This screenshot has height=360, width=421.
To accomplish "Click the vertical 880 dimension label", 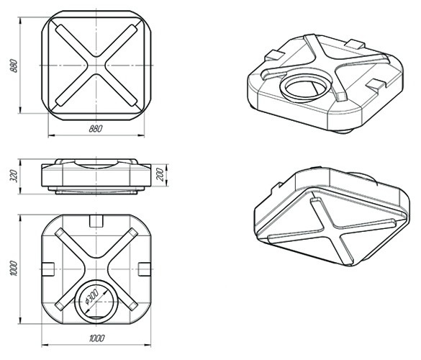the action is (14, 66).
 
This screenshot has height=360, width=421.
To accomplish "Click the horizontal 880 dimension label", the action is (96, 128).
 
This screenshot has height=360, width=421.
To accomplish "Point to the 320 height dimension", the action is (14, 176).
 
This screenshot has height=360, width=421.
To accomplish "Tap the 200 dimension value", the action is (160, 174).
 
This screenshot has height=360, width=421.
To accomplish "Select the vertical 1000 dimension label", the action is (14, 268).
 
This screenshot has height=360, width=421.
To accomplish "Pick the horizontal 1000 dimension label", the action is (96, 338).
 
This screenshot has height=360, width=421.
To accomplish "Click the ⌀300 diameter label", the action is (92, 297).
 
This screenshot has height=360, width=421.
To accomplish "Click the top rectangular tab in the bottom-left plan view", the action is (96, 220).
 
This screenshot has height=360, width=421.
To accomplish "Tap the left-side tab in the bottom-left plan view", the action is (48, 269).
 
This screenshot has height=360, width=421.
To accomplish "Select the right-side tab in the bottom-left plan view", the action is (145, 269).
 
